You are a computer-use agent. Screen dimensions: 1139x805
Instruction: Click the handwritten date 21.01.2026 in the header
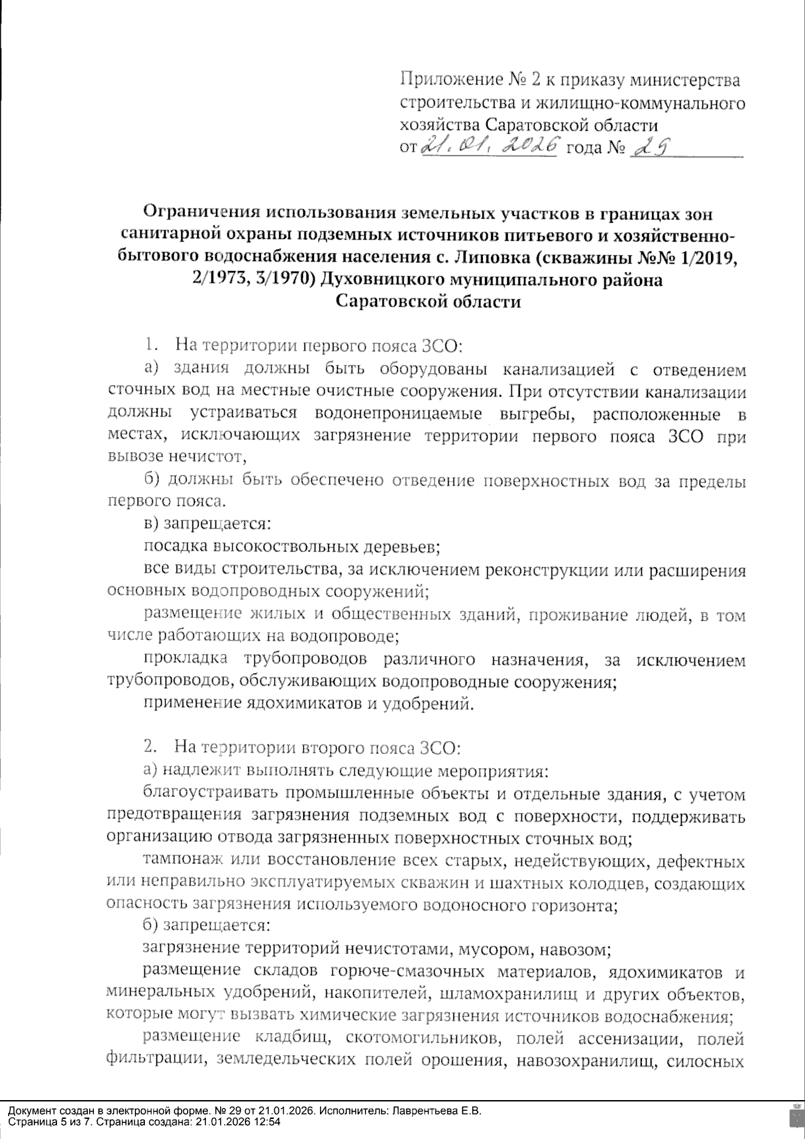pos(490,145)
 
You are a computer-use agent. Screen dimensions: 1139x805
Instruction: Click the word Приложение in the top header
pos(449,81)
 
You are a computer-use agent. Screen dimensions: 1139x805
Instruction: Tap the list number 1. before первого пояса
pos(152,346)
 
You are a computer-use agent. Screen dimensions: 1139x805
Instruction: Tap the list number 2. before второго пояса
pos(152,746)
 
